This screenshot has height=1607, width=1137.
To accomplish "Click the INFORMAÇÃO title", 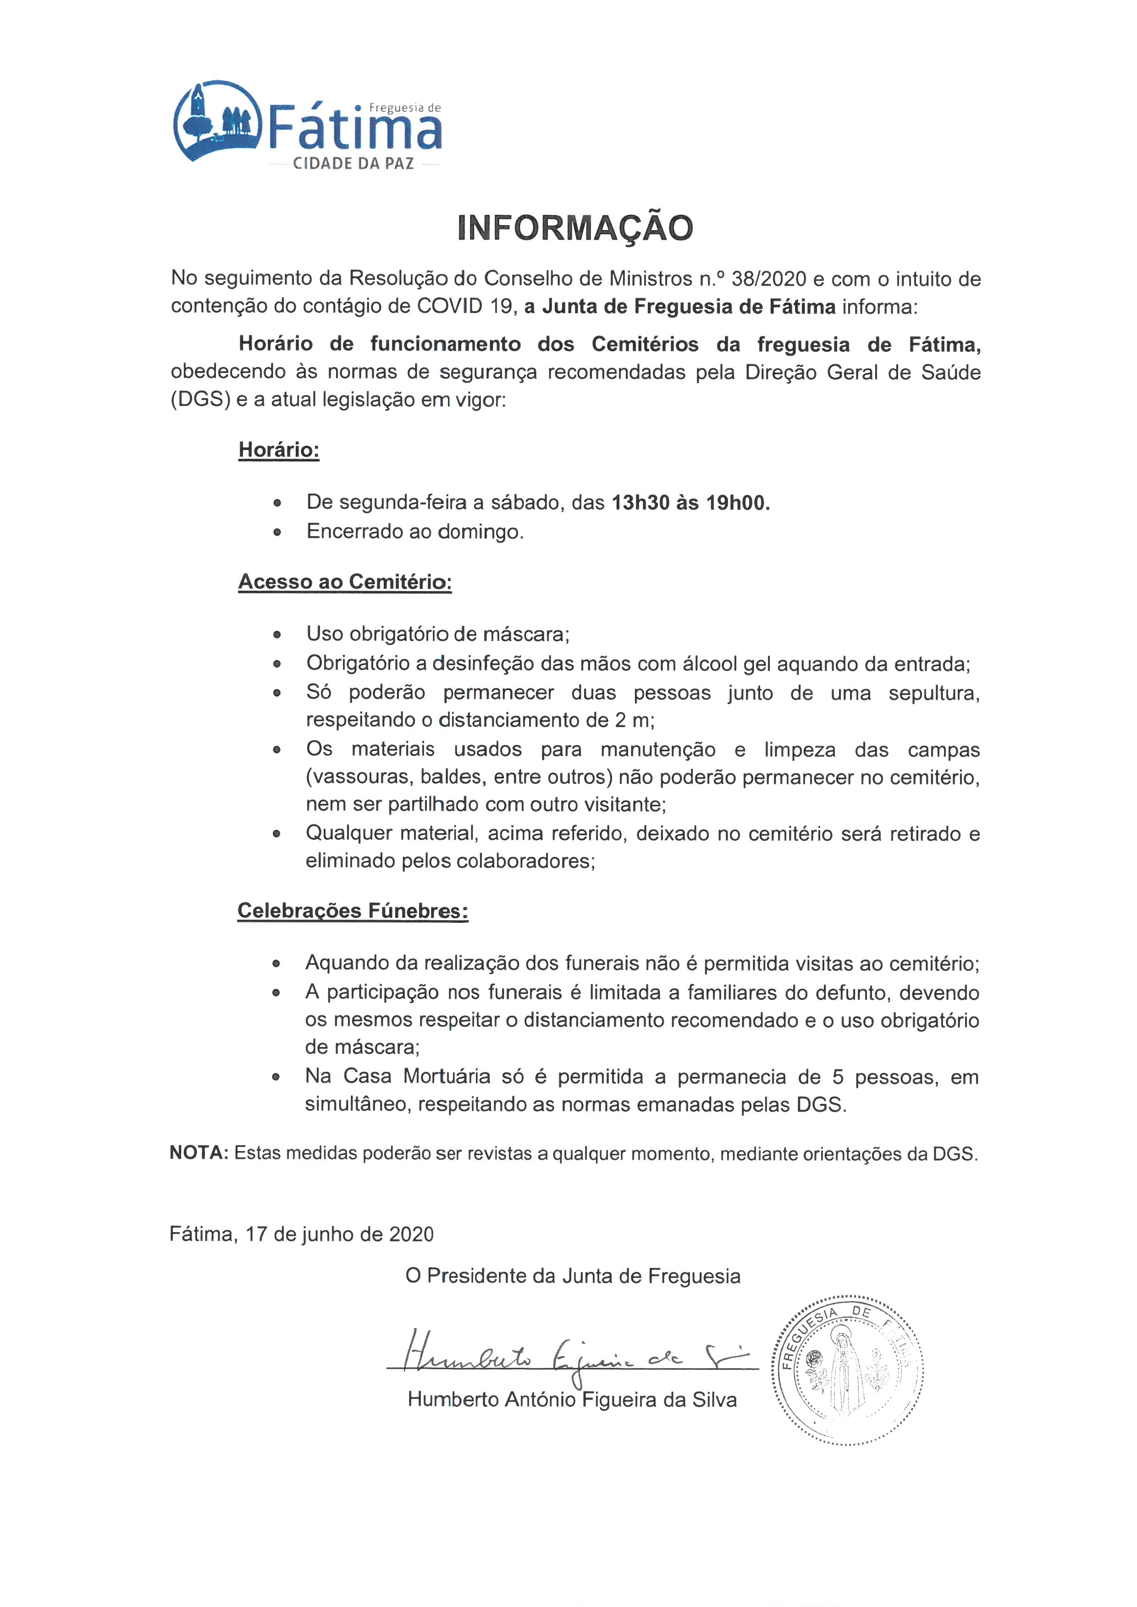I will (x=575, y=228).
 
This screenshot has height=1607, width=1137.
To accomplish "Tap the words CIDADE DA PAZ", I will (x=353, y=164).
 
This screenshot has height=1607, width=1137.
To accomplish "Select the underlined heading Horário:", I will (x=279, y=450).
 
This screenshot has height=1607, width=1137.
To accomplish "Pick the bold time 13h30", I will (x=640, y=503).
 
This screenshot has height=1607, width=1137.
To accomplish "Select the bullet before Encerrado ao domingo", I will (x=277, y=532).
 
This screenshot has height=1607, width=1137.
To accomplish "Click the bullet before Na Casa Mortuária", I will (x=276, y=1077).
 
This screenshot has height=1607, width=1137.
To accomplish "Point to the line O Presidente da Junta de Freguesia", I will (x=573, y=1276).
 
